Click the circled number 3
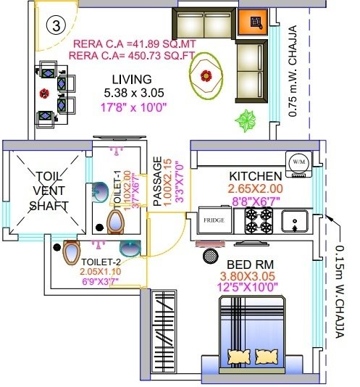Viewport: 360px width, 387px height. [x=54, y=24]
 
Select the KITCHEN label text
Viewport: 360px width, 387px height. [x=255, y=176]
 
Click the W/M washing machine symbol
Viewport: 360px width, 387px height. [x=298, y=162]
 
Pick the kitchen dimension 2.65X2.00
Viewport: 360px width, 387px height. [x=255, y=189]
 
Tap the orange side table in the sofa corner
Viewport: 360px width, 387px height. [x=254, y=23]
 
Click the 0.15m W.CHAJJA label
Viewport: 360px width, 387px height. [x=340, y=290]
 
